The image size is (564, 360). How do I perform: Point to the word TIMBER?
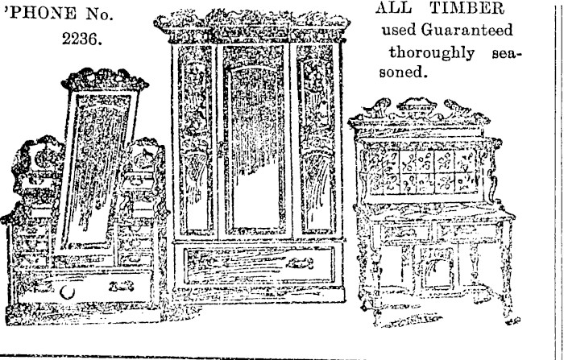click(x=454, y=10)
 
